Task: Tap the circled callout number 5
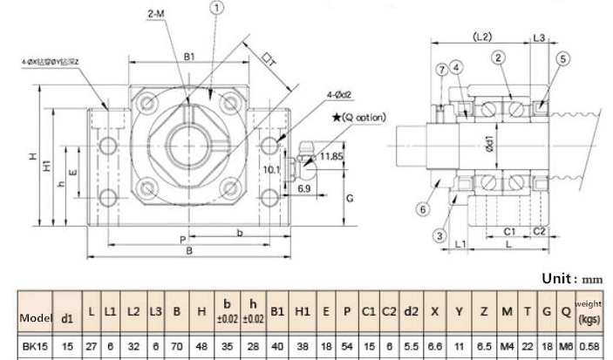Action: point(562,58)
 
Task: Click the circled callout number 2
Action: point(499,58)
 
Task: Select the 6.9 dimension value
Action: point(304,188)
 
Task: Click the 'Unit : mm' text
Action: point(572,279)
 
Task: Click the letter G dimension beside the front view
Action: point(349,199)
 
